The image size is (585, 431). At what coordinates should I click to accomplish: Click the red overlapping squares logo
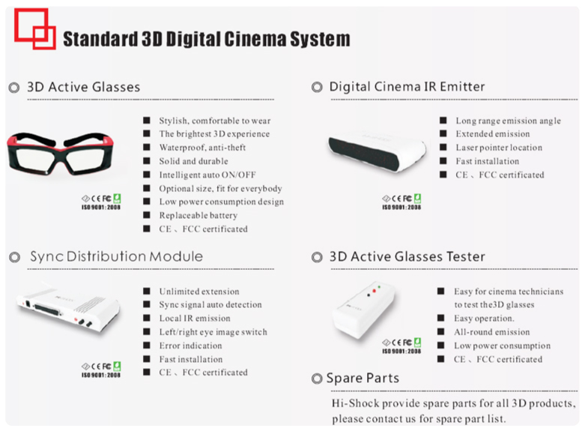(35, 28)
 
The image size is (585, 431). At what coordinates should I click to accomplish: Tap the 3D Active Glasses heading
(84, 87)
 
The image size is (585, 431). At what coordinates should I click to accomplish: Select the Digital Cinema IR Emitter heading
(407, 87)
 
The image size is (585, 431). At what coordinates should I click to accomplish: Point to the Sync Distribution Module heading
(116, 256)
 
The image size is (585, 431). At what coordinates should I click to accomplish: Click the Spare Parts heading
(363, 379)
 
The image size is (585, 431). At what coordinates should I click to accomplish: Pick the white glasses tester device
(364, 310)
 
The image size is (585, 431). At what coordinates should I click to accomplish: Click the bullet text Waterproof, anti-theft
(202, 148)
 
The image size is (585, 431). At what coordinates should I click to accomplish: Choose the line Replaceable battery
(198, 216)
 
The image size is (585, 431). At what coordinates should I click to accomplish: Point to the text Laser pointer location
(499, 148)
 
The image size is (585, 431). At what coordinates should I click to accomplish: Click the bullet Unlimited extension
(199, 292)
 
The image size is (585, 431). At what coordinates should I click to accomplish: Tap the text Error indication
(191, 346)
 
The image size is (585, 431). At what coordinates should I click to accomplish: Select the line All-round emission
(491, 332)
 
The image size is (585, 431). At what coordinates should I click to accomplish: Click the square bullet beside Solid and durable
(147, 161)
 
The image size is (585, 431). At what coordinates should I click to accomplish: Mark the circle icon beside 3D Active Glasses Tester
(317, 257)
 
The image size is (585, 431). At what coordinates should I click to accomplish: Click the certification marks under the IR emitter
(401, 202)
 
